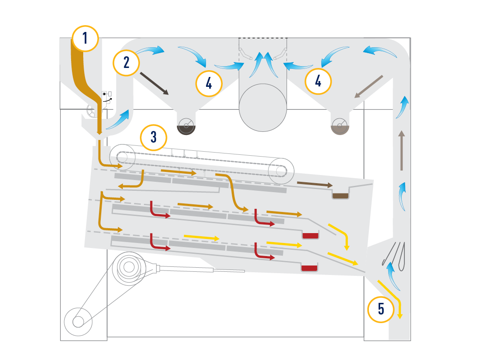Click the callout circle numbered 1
point(85,38)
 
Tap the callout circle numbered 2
point(126,63)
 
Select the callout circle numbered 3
point(153,137)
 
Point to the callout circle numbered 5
point(381,309)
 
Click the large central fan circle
point(263,108)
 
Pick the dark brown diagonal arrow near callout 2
point(154,84)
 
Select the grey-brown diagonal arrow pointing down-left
point(368,87)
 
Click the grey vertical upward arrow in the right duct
point(402,150)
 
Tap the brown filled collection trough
point(341,196)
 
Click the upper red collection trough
point(310,236)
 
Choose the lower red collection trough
point(309,268)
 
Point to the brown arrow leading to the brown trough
point(315,184)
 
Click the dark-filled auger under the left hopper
point(186,126)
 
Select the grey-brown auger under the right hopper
point(340,126)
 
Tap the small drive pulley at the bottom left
point(78,322)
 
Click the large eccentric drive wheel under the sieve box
point(129,268)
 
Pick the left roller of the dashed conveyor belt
point(122,157)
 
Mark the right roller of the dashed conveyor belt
point(281,171)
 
